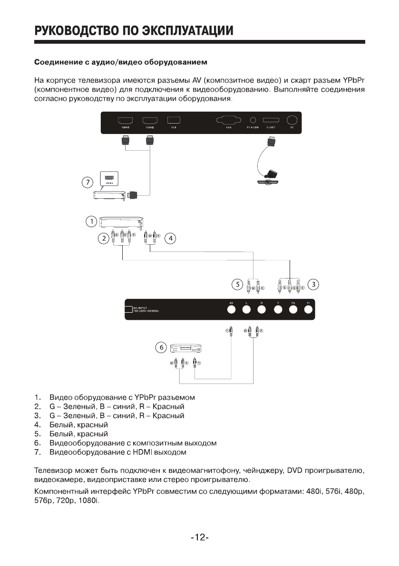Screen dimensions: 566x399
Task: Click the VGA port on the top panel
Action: pos(228,121)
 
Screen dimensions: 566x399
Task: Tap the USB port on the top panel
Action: pos(174,121)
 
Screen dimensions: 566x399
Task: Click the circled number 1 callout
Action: pos(91,221)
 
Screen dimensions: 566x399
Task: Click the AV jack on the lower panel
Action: pos(232,310)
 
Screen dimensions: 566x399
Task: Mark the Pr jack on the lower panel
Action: pos(308,310)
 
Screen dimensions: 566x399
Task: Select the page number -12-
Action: pos(200,537)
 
